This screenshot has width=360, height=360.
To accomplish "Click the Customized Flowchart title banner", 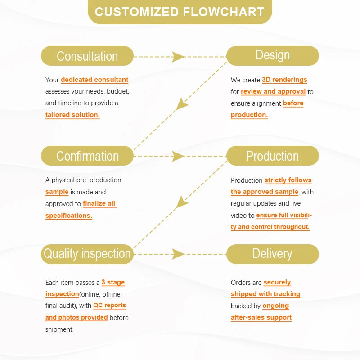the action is click(x=180, y=12).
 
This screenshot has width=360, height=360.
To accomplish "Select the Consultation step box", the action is click(x=87, y=56).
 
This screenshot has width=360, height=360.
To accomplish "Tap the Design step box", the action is click(x=273, y=56).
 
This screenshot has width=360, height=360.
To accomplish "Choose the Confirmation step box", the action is click(x=87, y=156).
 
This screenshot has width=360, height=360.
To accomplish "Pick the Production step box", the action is click(x=273, y=156).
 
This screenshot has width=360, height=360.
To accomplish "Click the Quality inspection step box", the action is click(x=87, y=254).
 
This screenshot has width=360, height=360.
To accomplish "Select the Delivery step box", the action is click(x=273, y=254).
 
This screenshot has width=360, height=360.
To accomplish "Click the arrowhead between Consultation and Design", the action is click(x=178, y=57).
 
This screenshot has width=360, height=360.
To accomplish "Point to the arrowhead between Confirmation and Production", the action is click(x=178, y=156).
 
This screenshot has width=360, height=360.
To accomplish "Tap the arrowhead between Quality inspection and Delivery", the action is click(x=178, y=254).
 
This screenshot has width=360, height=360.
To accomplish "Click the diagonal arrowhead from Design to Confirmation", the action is click(x=182, y=104).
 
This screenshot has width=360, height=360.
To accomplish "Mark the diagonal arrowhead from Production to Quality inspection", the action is click(x=182, y=202).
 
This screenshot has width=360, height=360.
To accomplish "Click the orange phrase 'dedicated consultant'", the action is click(x=94, y=80).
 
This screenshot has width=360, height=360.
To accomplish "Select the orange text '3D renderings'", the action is click(x=284, y=80).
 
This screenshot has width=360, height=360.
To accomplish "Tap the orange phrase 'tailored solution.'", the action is click(x=72, y=115).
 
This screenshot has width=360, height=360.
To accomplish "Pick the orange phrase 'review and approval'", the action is click(x=273, y=91).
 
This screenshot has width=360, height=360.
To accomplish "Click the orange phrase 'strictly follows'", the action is click(x=288, y=180).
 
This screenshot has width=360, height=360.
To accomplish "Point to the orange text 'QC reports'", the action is click(x=109, y=306).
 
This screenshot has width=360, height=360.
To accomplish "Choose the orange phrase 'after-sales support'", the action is click(x=261, y=317).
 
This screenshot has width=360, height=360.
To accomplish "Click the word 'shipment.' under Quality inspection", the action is click(x=59, y=329).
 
